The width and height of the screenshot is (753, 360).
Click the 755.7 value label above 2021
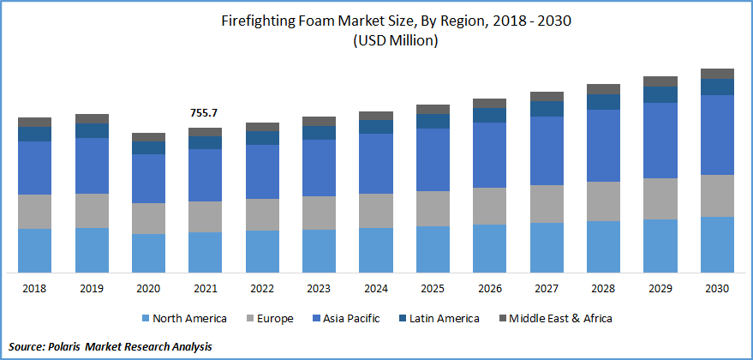tap(205, 113)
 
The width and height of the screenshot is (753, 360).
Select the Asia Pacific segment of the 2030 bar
tap(717, 135)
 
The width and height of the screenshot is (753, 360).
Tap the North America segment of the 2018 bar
tap(34, 250)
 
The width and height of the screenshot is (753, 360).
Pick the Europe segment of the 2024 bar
tap(375, 210)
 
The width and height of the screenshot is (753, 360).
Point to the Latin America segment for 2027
tap(547, 108)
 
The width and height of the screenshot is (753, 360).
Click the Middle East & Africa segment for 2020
tap(148, 137)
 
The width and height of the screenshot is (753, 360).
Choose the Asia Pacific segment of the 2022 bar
tap(262, 171)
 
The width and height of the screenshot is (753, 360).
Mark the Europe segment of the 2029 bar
tap(660, 199)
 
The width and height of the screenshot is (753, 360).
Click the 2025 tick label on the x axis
tap(433, 289)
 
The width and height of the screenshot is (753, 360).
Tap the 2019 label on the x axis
tap(92, 289)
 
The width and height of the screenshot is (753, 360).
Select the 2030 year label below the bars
tap(717, 289)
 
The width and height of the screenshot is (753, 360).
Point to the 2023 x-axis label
tap(319, 289)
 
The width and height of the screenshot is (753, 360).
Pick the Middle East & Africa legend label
tap(562, 319)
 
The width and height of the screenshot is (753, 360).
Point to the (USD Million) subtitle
tap(377, 42)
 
